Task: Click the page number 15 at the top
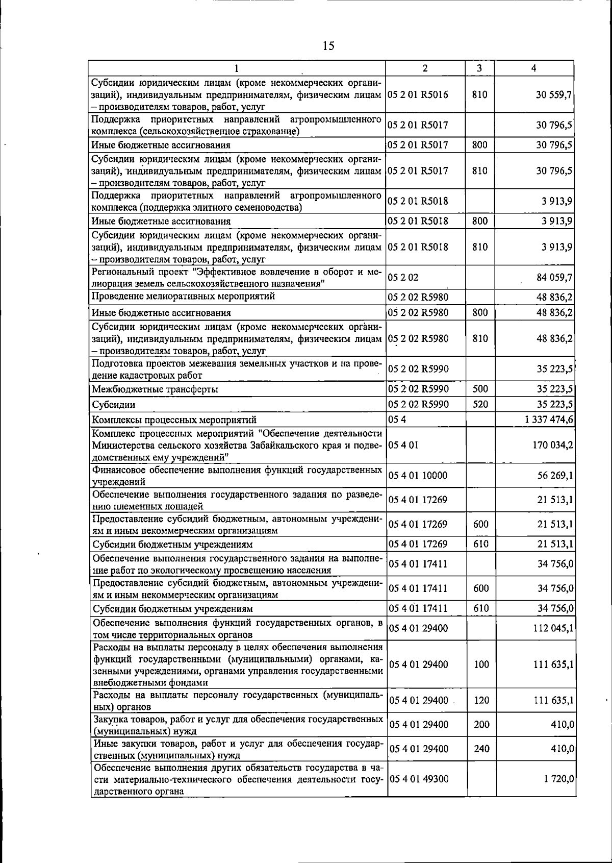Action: (x=328, y=46)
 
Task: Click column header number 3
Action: (x=480, y=68)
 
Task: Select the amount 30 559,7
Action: (x=553, y=95)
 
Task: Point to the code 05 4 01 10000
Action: (x=418, y=476)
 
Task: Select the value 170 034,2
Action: (x=552, y=445)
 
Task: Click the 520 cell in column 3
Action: (x=480, y=405)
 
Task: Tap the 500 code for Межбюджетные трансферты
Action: (x=480, y=389)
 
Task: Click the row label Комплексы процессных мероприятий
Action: (x=174, y=421)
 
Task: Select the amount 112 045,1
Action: (x=553, y=628)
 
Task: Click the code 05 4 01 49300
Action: (x=418, y=779)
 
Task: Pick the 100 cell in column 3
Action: (x=481, y=664)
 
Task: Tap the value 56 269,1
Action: (x=555, y=476)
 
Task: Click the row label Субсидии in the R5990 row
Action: (x=113, y=405)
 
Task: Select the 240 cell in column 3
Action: (x=481, y=749)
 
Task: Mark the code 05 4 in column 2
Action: (x=397, y=420)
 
